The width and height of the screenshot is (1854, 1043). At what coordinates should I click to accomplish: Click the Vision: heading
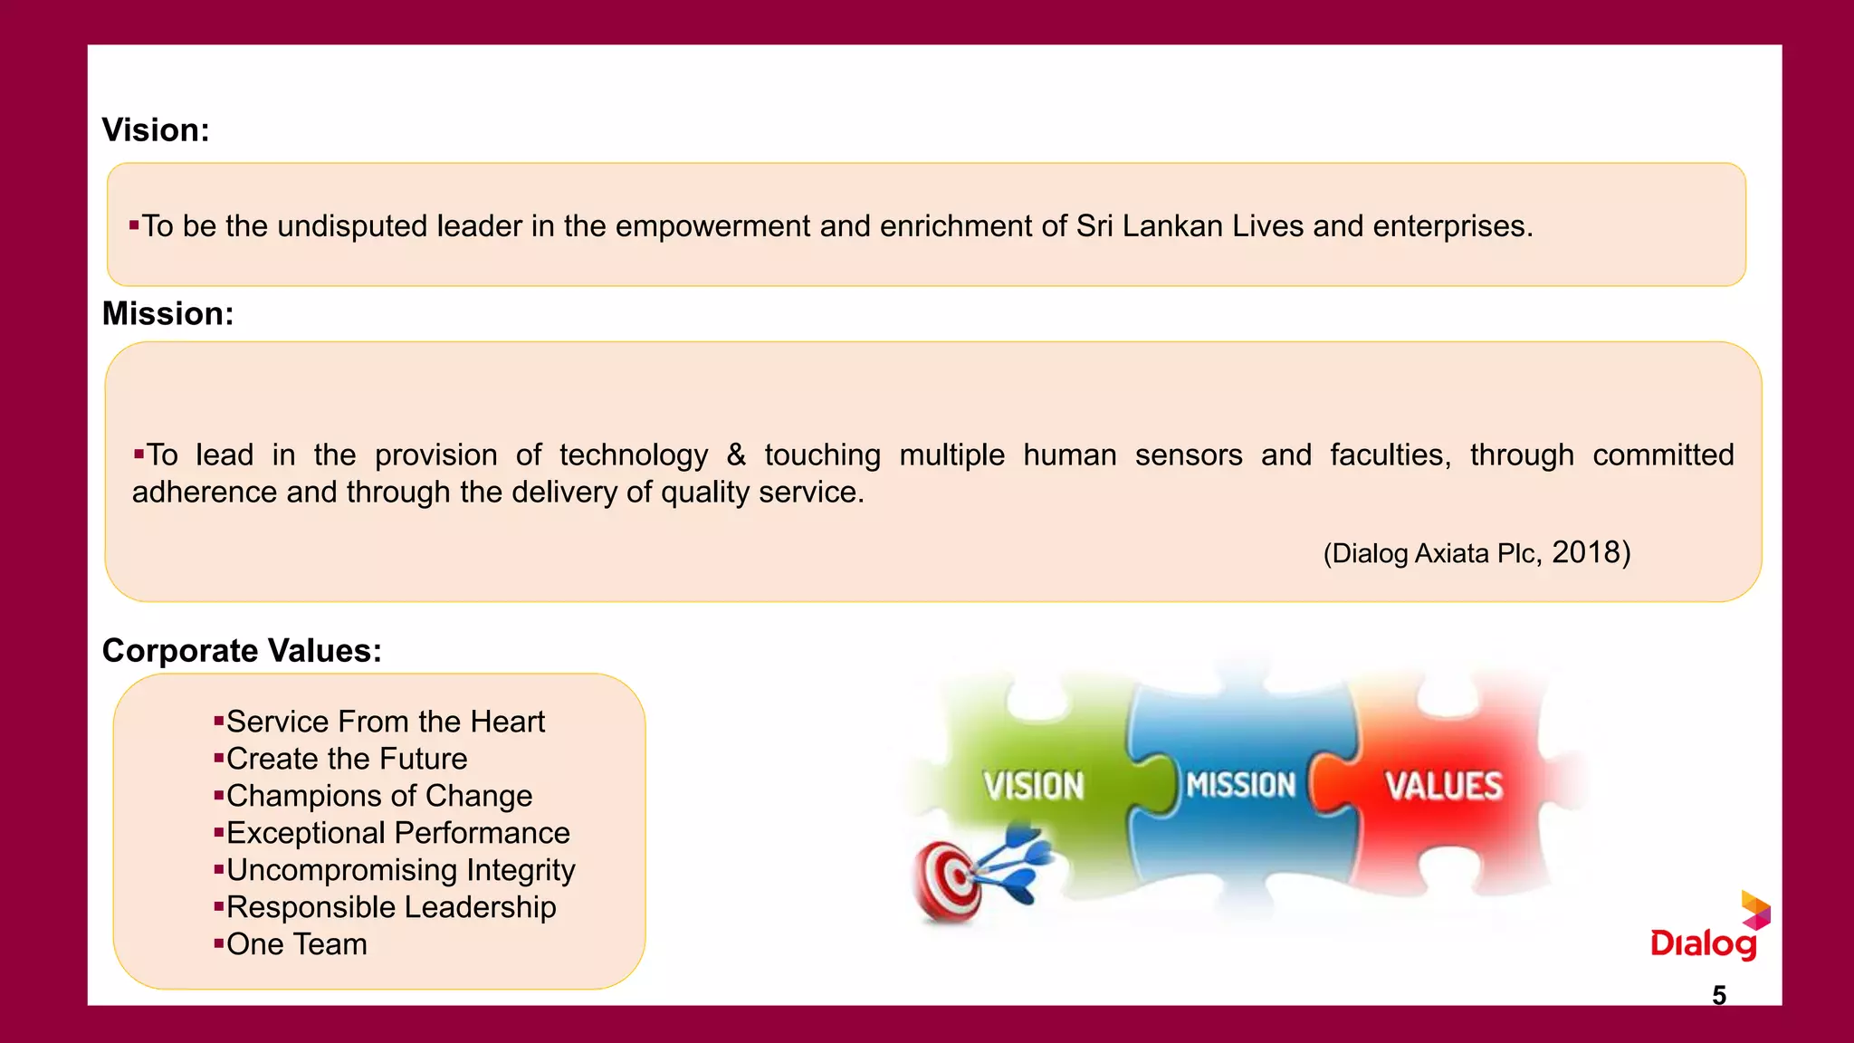tap(156, 130)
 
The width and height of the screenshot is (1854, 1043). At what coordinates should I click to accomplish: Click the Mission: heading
tap(167, 314)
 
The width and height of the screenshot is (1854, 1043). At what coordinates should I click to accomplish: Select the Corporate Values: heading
tap(242, 651)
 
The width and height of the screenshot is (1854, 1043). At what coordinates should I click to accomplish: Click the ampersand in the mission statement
tap(736, 455)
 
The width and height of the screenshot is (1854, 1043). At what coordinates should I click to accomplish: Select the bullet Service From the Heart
tap(385, 722)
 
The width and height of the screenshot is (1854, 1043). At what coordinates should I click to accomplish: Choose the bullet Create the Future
tap(347, 759)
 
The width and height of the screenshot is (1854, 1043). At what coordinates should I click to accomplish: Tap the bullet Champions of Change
tap(378, 796)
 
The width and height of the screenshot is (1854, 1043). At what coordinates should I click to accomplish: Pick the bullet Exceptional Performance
tap(397, 833)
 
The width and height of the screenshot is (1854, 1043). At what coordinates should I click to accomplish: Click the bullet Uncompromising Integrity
tap(400, 870)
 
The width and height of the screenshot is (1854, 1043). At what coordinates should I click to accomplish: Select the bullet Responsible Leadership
tap(390, 907)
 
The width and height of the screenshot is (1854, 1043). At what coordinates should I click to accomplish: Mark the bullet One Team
tap(296, 944)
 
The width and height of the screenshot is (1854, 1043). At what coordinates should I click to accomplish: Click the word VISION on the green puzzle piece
tap(1033, 786)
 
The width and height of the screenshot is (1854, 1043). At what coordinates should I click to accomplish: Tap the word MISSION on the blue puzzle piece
tap(1241, 785)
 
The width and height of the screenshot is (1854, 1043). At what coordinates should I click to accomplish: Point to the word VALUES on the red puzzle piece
tap(1444, 786)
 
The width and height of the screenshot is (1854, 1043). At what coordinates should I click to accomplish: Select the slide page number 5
tap(1719, 995)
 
